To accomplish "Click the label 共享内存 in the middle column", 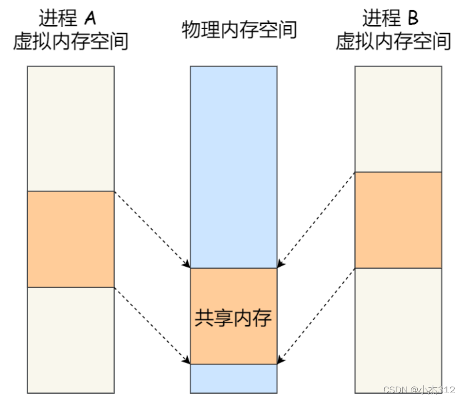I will point(233,318).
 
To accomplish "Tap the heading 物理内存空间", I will point(239,30).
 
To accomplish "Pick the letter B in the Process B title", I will point(413,18).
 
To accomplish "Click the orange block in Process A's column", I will point(71,239).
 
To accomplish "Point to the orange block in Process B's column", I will point(398,220).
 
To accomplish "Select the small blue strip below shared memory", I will point(233,378).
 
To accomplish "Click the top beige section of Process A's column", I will point(71,128).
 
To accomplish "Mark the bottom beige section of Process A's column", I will point(71,340).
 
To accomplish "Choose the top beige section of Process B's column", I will point(398,119).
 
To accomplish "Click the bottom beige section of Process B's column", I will point(398,330).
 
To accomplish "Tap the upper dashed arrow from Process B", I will point(316,219).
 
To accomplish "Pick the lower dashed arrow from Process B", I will point(316,315).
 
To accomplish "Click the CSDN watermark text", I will point(419,390).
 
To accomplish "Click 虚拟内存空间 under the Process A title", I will point(71,42).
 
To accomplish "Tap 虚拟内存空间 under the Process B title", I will point(393,42).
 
